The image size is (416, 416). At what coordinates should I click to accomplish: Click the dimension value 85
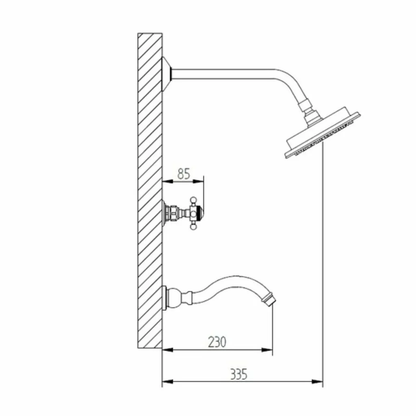click(x=184, y=174)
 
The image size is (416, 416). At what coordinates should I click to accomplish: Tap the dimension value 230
click(x=217, y=342)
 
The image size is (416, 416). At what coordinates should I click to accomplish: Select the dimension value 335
click(x=238, y=374)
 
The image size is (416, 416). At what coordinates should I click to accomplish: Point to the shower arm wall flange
click(x=167, y=74)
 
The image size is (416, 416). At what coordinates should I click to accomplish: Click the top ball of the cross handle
click(x=194, y=199)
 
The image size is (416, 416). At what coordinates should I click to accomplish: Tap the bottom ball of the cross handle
click(x=194, y=227)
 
